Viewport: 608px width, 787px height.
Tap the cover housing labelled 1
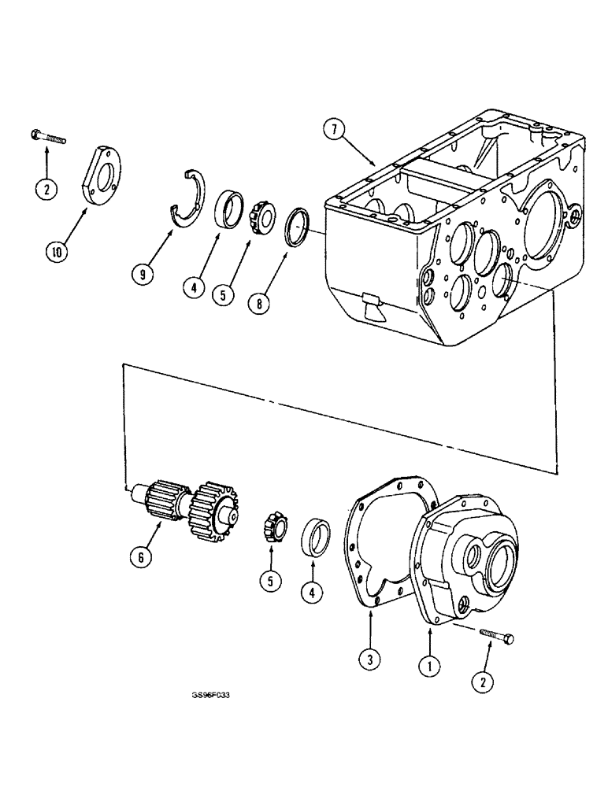(x=473, y=556)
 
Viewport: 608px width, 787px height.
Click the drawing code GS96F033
(x=213, y=696)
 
